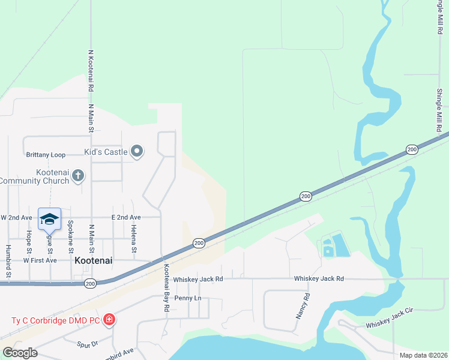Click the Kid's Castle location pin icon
137,152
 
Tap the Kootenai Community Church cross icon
77,176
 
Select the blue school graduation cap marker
49,219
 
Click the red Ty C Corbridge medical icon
109,319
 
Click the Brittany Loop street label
46,155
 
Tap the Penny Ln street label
188,298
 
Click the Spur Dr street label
88,344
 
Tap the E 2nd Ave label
126,217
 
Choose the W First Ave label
40,260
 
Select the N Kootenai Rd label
90,71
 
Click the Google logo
20,353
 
